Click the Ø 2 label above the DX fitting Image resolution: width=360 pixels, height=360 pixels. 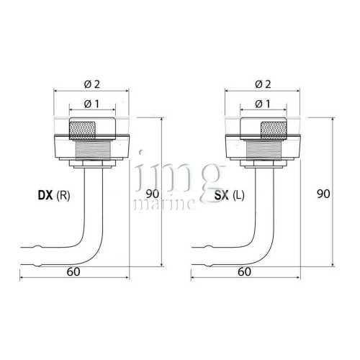[x=92, y=84]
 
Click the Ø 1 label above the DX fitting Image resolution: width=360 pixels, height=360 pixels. [x=92, y=104]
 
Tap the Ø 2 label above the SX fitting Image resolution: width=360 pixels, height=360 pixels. [x=263, y=84]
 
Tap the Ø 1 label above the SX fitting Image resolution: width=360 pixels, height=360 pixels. [x=263, y=104]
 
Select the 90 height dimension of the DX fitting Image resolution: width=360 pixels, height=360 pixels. [x=153, y=194]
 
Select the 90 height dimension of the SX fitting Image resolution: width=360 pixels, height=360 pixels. [x=323, y=194]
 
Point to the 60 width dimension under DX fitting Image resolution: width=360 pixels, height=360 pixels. [x=73, y=272]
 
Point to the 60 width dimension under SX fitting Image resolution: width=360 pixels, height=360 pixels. [x=245, y=272]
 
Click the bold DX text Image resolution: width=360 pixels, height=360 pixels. [x=45, y=195]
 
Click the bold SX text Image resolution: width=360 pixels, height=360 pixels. [x=221, y=195]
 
